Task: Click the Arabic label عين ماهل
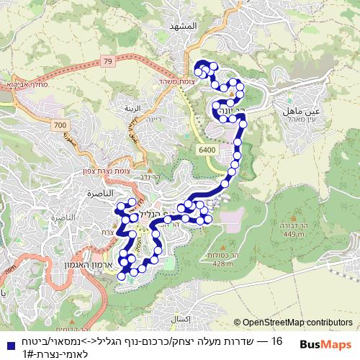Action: click(x=302, y=112)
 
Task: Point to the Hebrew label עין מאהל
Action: click(x=302, y=120)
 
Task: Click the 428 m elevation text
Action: click(x=224, y=264)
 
